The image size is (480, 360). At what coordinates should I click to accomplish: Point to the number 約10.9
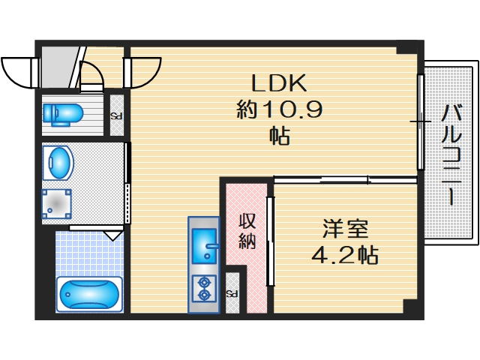pyautogui.click(x=279, y=110)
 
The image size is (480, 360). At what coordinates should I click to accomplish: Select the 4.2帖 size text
pyautogui.click(x=345, y=255)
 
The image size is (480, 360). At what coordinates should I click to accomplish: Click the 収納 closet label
pyautogui.click(x=247, y=231)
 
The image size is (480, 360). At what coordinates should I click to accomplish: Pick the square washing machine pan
pyautogui.click(x=57, y=202)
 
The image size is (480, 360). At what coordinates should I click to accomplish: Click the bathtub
pyautogui.click(x=89, y=295)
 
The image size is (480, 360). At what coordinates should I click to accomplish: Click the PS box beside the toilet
pyautogui.click(x=117, y=117)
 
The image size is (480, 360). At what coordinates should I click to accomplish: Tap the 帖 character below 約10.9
pyautogui.click(x=279, y=137)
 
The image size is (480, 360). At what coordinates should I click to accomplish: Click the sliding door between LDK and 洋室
pyautogui.click(x=345, y=179)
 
